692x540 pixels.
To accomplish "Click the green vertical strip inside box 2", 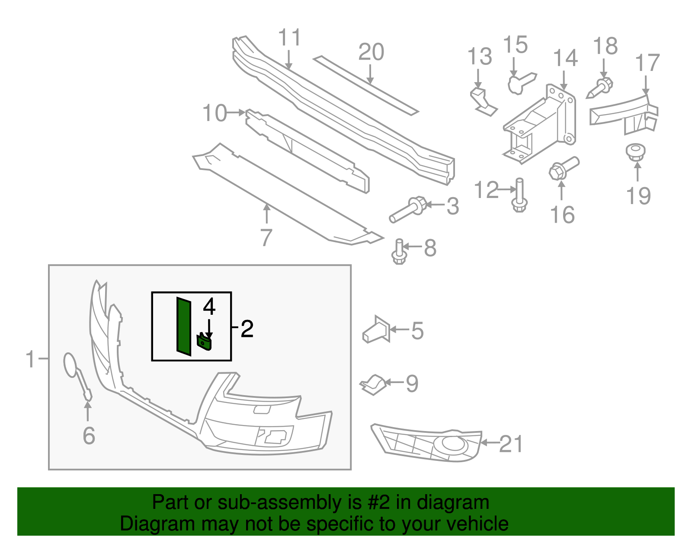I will click(184, 327).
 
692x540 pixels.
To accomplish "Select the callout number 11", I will click(289, 38).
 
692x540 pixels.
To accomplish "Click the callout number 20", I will click(371, 52).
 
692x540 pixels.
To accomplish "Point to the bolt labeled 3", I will click(408, 210).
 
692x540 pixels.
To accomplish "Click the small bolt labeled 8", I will click(399, 252).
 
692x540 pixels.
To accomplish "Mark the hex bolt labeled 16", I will click(562, 169).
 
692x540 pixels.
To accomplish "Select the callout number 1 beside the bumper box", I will click(30, 359).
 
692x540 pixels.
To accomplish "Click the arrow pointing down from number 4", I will click(209, 329).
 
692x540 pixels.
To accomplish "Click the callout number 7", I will click(266, 237).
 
